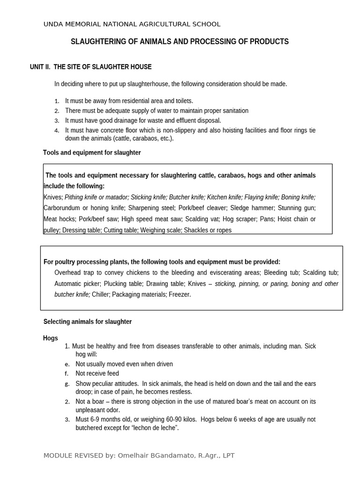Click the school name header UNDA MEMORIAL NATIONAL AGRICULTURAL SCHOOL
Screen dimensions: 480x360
pos(132,24)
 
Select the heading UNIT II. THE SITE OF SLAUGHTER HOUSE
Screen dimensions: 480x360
pos(91,67)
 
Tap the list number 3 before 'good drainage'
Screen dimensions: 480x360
pos(57,121)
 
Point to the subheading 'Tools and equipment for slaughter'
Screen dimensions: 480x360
pos(92,153)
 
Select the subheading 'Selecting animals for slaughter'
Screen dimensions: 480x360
pos(88,322)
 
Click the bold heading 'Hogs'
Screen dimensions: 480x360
pos(51,338)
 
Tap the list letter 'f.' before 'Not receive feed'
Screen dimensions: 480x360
pos(67,374)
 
